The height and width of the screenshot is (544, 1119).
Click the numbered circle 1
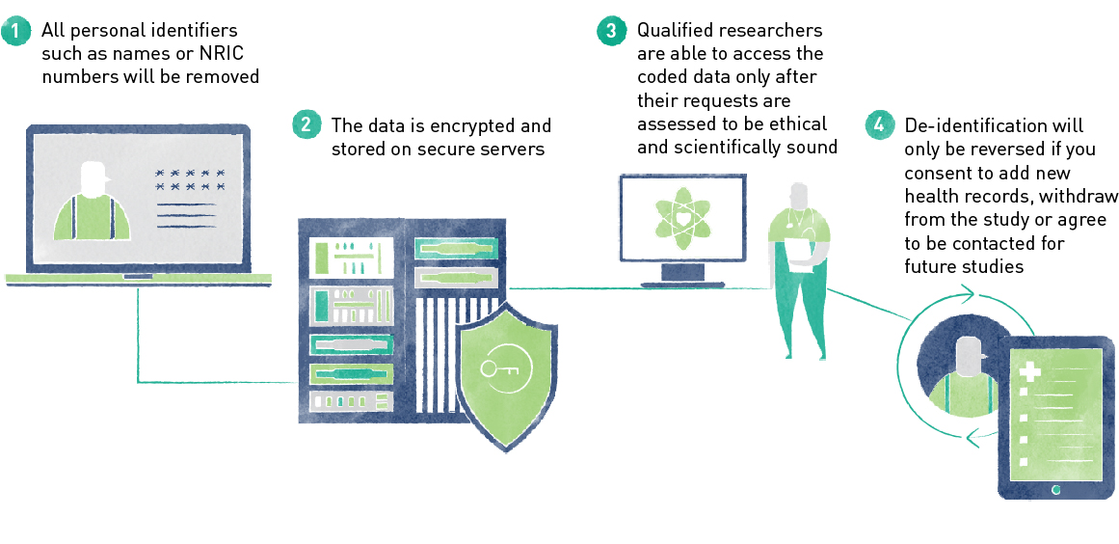[15, 32]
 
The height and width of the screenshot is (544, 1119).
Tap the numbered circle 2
[306, 125]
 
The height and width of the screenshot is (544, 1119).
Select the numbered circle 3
[611, 31]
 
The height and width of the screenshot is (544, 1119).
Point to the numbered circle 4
[878, 125]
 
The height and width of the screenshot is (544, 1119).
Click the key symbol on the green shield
[501, 371]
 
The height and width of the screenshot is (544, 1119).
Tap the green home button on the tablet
[1056, 490]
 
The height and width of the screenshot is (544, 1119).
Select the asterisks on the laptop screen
[190, 179]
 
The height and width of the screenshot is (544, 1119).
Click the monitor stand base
[681, 285]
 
